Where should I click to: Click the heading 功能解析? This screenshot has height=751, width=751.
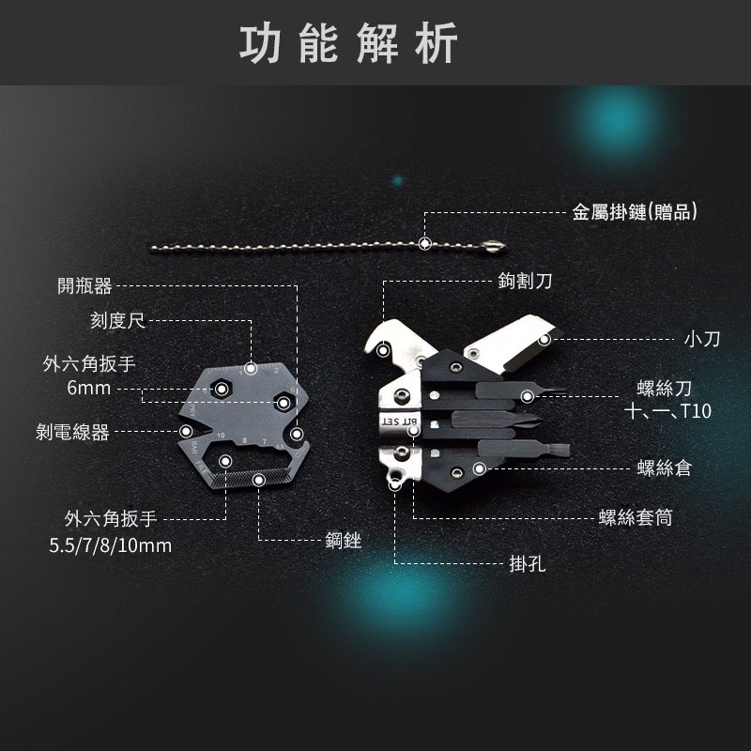coord(348,43)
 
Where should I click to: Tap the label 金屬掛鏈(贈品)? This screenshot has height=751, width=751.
coord(635,212)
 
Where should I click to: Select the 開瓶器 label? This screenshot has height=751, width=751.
coord(84,286)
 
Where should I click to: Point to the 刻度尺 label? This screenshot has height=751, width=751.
coord(118,320)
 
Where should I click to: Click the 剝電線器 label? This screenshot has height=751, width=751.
coord(72,432)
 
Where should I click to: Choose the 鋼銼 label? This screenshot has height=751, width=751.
coord(343,541)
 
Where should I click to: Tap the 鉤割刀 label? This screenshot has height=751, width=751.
coord(525,281)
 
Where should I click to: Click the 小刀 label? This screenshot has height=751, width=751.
coord(702,339)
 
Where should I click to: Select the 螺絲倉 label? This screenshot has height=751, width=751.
coord(665,467)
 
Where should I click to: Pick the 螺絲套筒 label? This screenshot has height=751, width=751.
coord(636,518)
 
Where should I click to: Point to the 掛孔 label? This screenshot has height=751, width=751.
coord(528,564)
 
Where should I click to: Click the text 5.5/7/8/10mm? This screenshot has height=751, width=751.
coord(110,545)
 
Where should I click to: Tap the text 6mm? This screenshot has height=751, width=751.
coord(89,388)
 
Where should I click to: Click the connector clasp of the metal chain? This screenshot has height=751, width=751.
coord(495,246)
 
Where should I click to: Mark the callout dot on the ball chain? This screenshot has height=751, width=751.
coord(424,244)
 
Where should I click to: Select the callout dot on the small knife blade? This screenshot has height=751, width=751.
coord(544,340)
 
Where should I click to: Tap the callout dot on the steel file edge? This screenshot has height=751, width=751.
coord(259,480)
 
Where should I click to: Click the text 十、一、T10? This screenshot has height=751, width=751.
coord(667,411)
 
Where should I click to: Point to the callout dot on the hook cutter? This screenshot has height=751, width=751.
coord(383,350)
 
